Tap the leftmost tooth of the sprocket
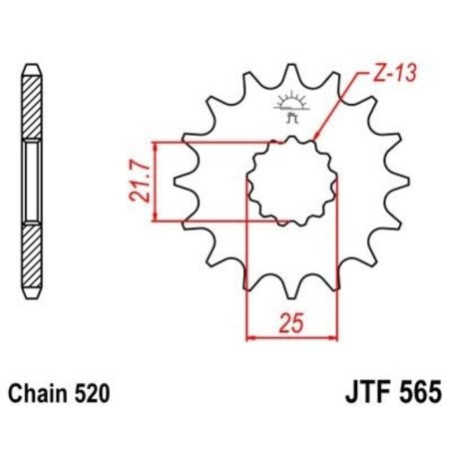click(x=182, y=183)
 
